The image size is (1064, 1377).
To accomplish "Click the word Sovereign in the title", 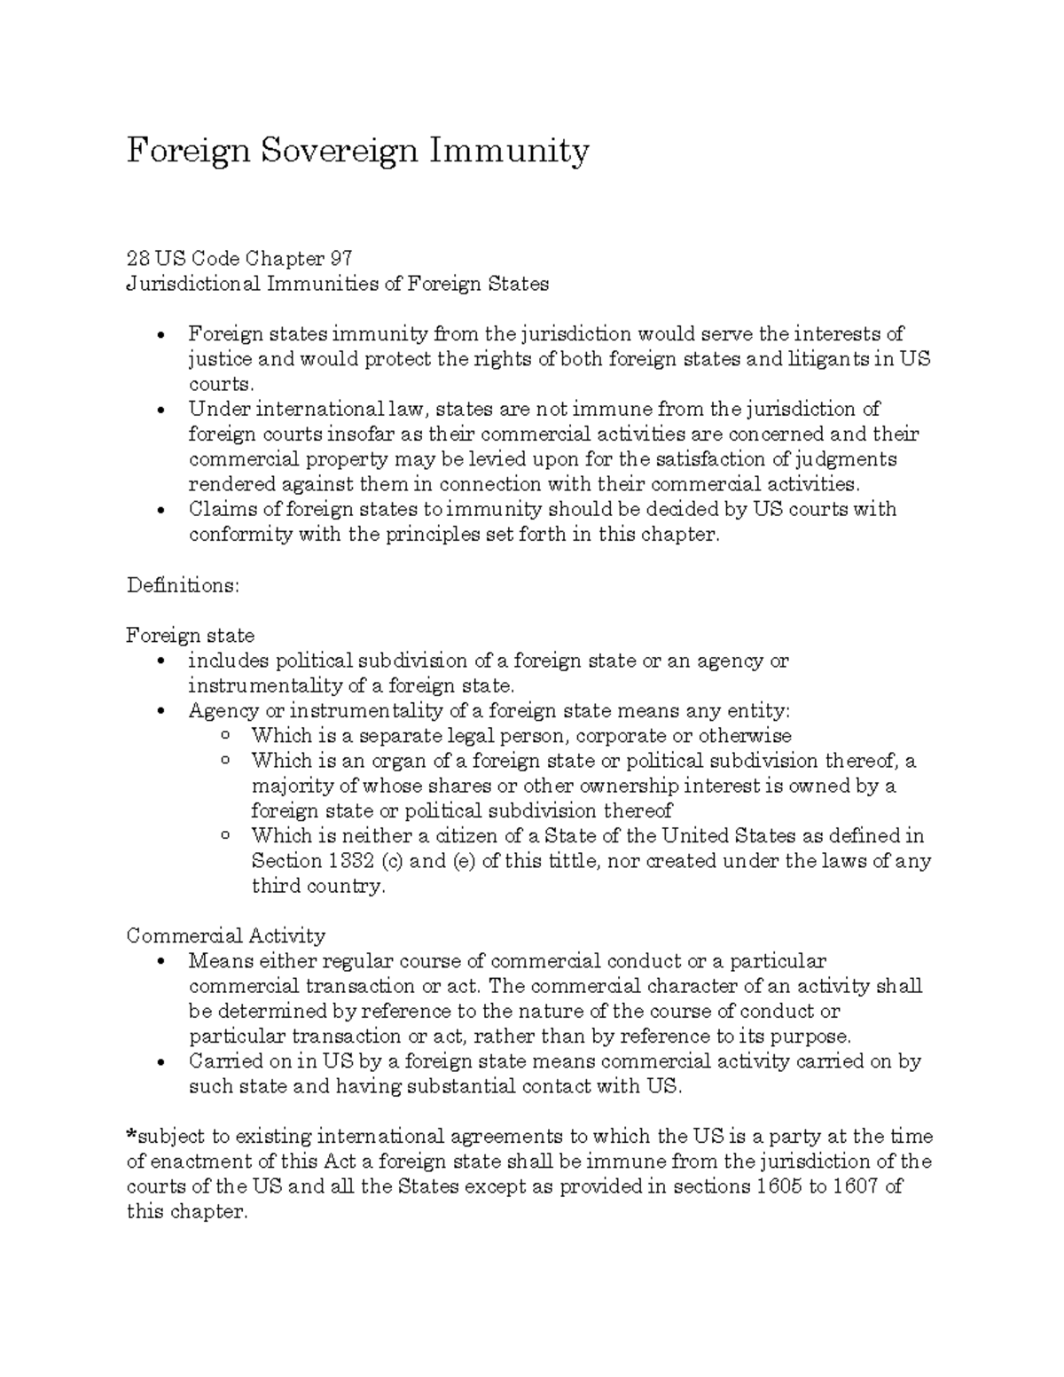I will [x=338, y=151].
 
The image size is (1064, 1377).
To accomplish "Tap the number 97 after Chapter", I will [x=340, y=259].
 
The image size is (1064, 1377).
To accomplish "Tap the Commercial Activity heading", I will [x=226, y=935].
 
